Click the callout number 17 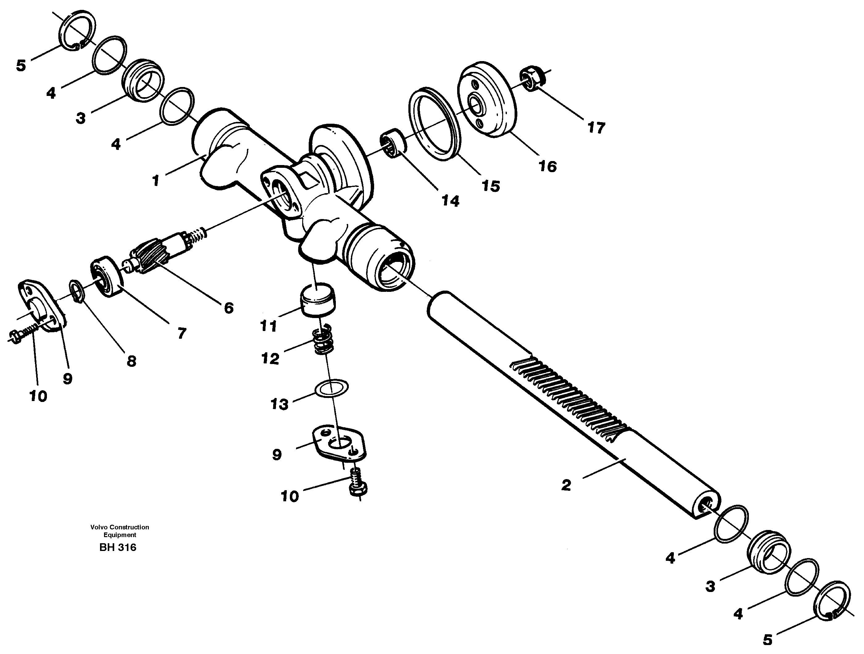tap(596, 128)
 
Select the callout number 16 tap(547, 166)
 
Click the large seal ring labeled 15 tap(434, 124)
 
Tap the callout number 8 tap(131, 361)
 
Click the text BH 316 tap(118, 547)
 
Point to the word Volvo tap(98, 527)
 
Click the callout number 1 tap(156, 180)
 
